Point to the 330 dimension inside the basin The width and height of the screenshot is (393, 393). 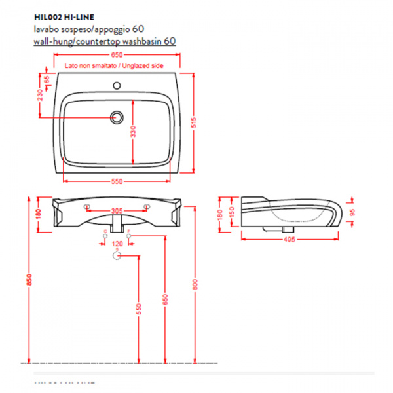coord(134,132)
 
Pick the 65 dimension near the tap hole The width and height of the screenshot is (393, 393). coord(47,79)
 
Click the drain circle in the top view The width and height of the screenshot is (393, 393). coord(117,117)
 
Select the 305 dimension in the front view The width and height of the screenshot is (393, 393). coord(117,211)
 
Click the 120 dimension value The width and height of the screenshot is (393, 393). coord(117,244)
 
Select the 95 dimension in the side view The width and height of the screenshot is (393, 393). coord(352,212)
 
